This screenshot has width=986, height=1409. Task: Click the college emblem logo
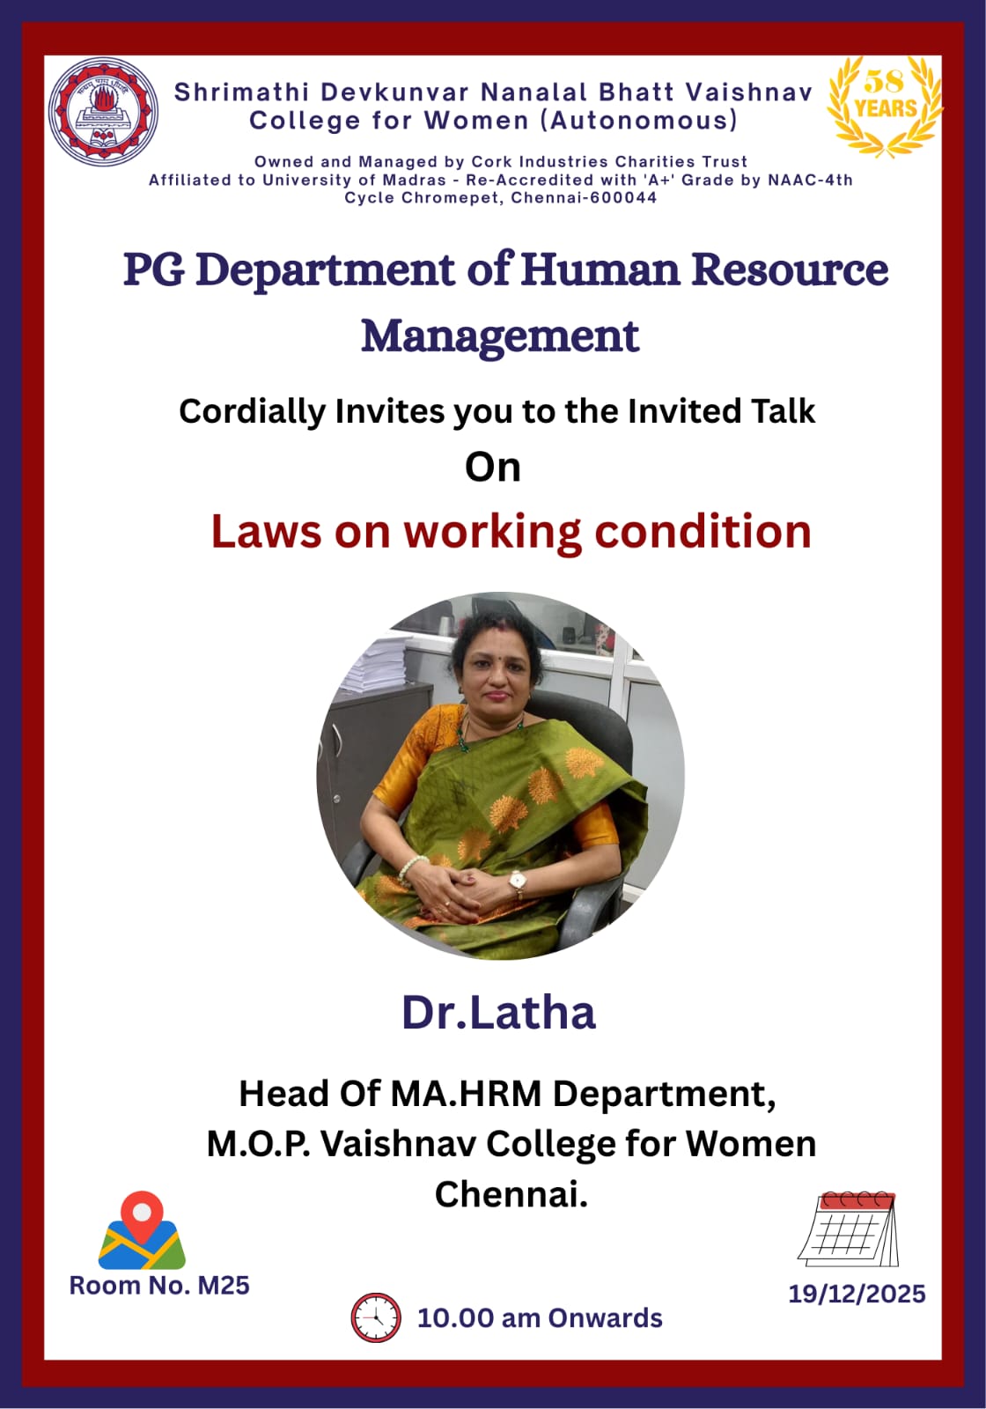103,111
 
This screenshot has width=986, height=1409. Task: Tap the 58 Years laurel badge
886,106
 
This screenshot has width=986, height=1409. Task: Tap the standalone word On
493,468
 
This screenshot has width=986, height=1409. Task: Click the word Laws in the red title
266,532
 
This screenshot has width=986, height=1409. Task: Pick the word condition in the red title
703,532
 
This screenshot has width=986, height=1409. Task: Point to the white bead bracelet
411,868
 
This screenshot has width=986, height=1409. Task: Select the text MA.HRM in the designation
466,1094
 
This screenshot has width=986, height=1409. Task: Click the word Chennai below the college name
511,1193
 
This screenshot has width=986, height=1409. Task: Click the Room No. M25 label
159,1285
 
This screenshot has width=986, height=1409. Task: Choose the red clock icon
376,1317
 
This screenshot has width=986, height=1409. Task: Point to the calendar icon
849,1229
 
